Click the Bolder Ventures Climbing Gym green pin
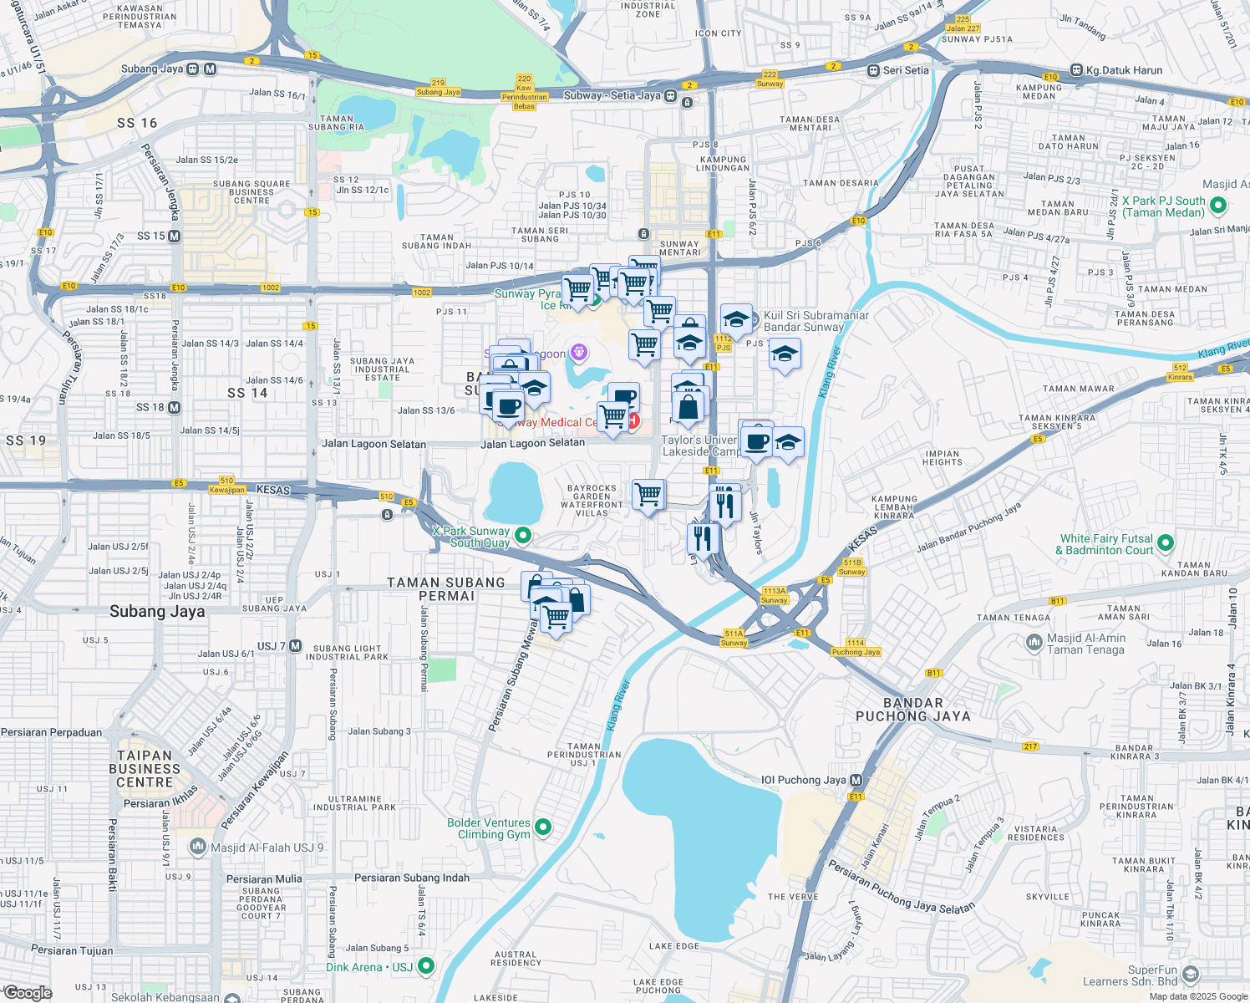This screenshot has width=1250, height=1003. [543, 827]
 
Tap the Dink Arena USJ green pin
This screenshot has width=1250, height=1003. [426, 967]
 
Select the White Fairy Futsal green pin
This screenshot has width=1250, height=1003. [1166, 543]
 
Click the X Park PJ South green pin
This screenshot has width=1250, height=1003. [1217, 206]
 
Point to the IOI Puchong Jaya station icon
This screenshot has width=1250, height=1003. [856, 780]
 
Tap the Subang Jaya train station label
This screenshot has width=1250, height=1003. [152, 69]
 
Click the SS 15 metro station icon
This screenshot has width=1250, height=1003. [175, 237]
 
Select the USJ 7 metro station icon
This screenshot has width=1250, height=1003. [295, 646]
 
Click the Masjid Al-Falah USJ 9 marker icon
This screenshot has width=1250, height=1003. [198, 847]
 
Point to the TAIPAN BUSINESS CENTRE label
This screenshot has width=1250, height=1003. [145, 769]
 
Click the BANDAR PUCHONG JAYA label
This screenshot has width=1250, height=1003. [913, 710]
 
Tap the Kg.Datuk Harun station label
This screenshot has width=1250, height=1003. [1124, 70]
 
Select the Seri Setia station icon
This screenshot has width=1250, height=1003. [874, 71]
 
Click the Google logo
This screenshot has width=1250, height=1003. [28, 993]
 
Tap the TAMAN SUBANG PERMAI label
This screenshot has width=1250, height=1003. [446, 589]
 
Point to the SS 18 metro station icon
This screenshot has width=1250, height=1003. [175, 408]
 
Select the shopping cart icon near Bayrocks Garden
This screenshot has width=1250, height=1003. [648, 495]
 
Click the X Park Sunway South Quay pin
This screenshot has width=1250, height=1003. [523, 535]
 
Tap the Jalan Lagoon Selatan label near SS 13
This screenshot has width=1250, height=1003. [373, 445]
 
